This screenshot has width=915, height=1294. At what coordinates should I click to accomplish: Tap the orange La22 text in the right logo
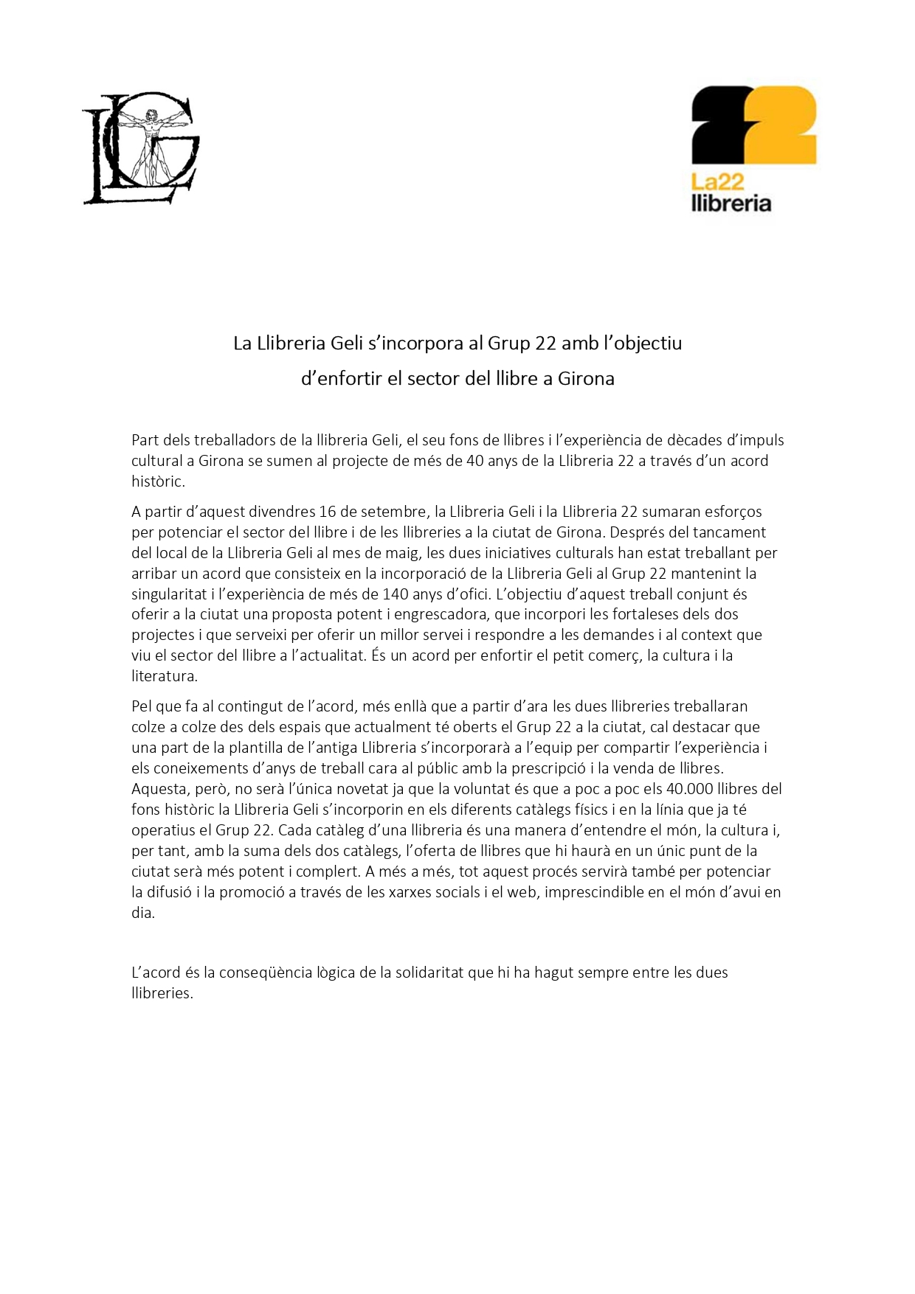click(x=717, y=181)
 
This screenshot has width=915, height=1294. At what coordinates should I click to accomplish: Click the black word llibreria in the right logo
click(x=731, y=203)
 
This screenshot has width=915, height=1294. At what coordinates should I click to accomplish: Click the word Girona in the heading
click(x=586, y=379)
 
